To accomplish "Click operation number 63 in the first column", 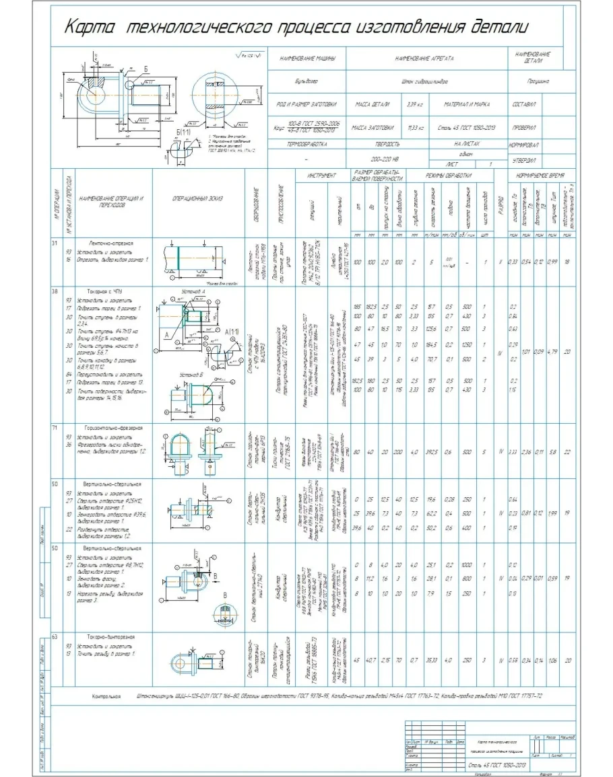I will coord(55,637).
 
